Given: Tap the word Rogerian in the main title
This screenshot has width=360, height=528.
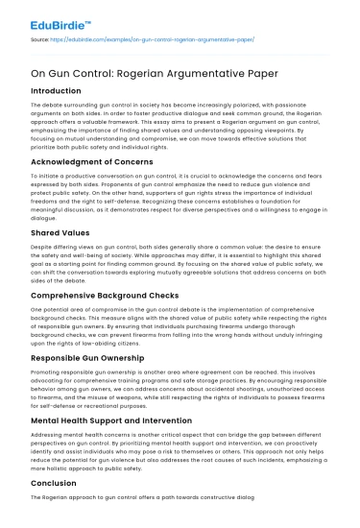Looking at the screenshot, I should click(x=133, y=73).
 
